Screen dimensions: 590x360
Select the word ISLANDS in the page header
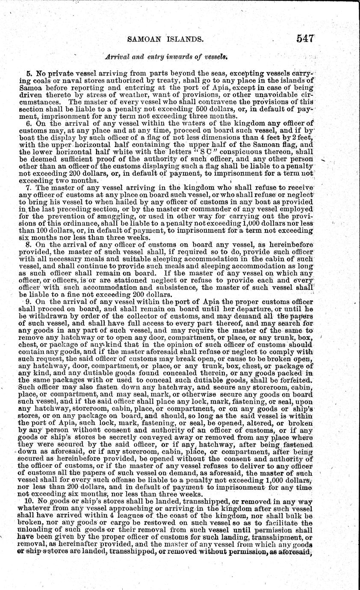[x=187, y=40]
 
